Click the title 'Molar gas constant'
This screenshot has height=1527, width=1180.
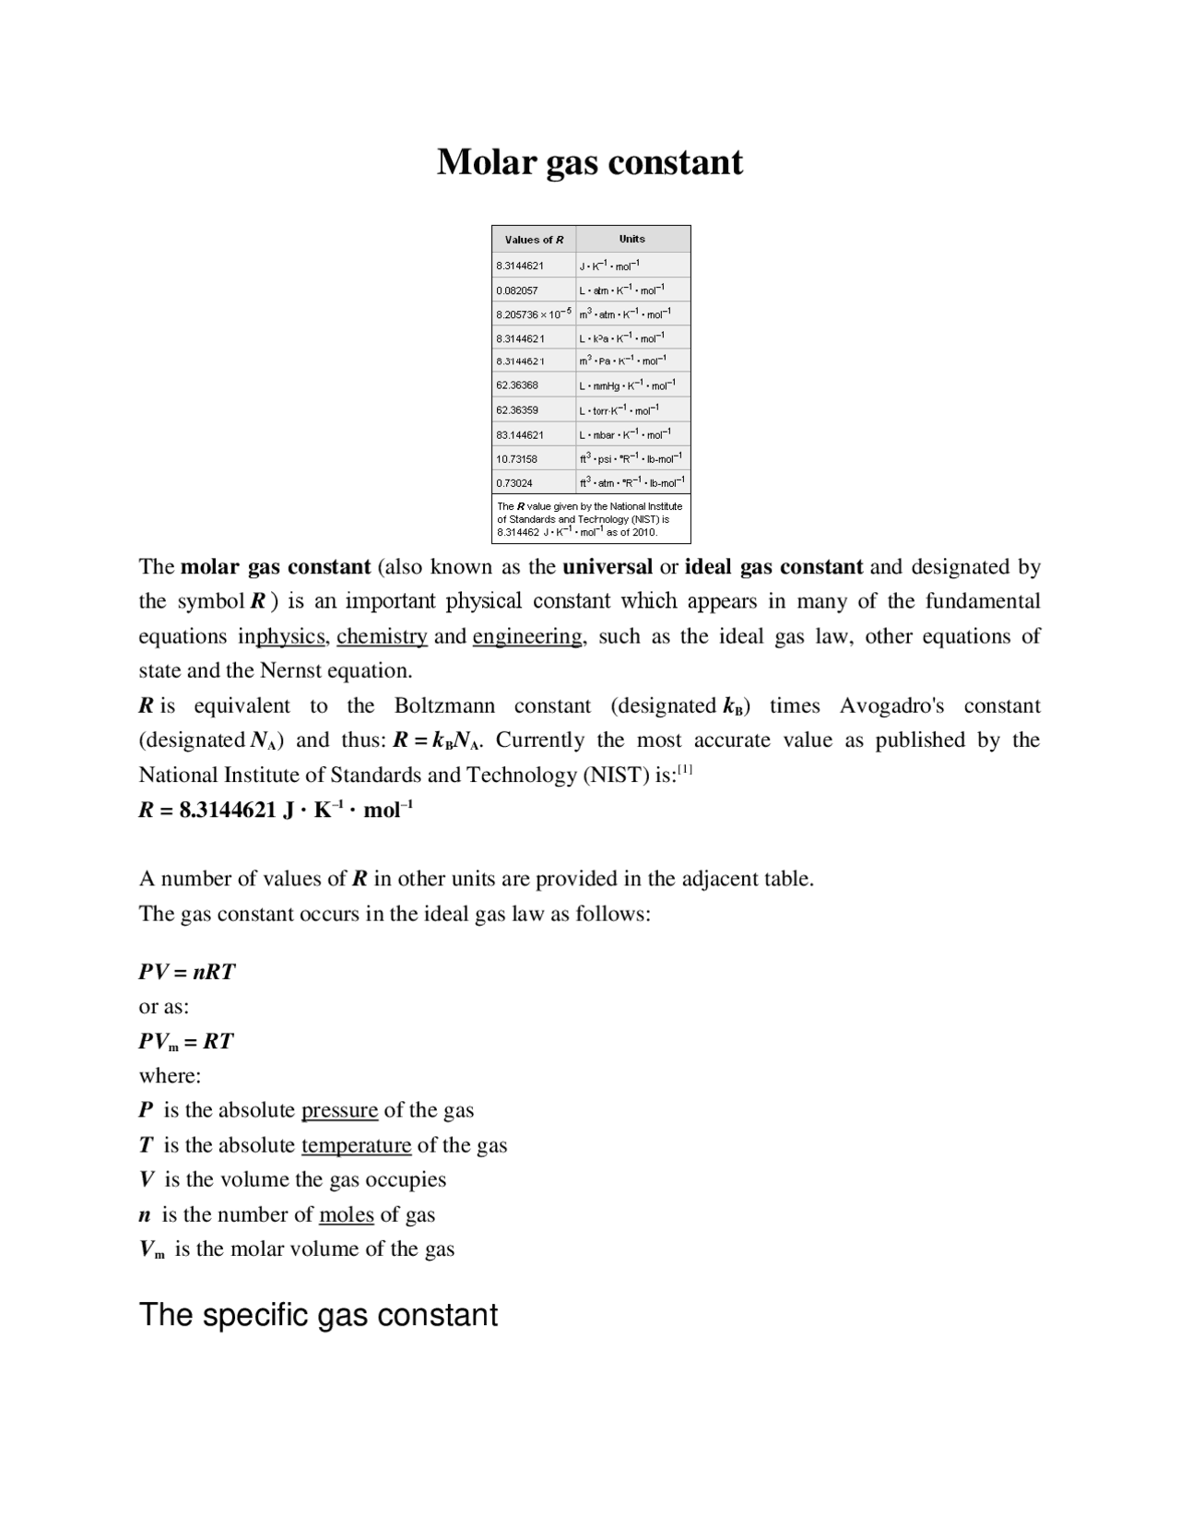pyautogui.click(x=589, y=162)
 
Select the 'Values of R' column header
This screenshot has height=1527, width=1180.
pyautogui.click(x=534, y=240)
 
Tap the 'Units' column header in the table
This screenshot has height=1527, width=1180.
pyautogui.click(x=632, y=239)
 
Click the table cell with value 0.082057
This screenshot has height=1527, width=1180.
pyautogui.click(x=517, y=290)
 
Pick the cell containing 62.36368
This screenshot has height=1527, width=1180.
pyautogui.click(x=517, y=385)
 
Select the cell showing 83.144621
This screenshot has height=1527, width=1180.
pyautogui.click(x=520, y=434)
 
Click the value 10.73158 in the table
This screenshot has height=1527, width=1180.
pyautogui.click(x=517, y=458)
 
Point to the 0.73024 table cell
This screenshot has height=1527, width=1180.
pyautogui.click(x=514, y=482)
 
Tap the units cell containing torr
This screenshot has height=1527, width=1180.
pyautogui.click(x=619, y=409)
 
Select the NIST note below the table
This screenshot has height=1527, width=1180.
pyautogui.click(x=590, y=519)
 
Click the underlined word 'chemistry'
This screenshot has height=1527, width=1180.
pyautogui.click(x=382, y=636)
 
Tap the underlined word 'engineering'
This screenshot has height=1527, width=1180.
pyautogui.click(x=527, y=636)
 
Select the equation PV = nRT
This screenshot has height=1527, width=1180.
pyautogui.click(x=187, y=972)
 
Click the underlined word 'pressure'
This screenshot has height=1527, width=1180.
pyautogui.click(x=339, y=1110)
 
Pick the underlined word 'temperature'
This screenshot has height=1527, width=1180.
pyautogui.click(x=356, y=1145)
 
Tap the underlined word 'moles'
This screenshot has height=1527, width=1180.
pyautogui.click(x=346, y=1214)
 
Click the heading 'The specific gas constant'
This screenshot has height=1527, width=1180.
pyautogui.click(x=318, y=1315)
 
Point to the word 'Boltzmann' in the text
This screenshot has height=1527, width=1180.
pyautogui.click(x=444, y=706)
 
